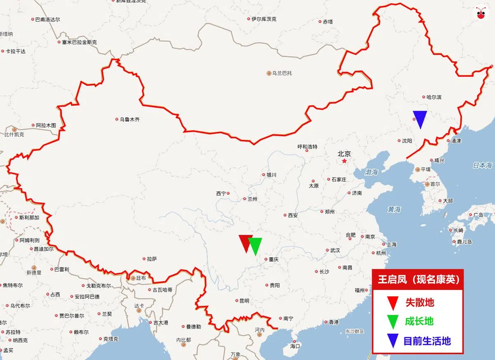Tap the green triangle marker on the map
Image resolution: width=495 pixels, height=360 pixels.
[255, 245]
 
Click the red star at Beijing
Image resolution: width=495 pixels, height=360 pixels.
[344, 161]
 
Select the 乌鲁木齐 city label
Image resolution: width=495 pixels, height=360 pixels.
[130, 120]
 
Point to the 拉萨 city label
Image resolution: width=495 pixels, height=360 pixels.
[152, 259]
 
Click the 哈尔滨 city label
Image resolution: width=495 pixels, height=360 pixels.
[434, 97]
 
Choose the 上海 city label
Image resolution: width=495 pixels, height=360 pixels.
[391, 244]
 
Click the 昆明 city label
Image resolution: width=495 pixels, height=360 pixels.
[244, 301]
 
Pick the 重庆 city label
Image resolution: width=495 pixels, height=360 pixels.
[274, 260]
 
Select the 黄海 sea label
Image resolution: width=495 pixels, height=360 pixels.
[394, 210]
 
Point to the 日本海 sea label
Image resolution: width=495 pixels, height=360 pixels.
[482, 166]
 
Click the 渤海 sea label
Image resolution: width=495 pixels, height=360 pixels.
[371, 173]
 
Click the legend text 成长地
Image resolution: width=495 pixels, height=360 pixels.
[419, 322]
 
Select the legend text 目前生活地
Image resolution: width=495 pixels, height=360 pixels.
[427, 341]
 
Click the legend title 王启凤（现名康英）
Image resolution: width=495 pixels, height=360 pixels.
[418, 280]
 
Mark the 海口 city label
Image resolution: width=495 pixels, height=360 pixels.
[295, 346]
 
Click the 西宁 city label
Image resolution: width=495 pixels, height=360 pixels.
[221, 194]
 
